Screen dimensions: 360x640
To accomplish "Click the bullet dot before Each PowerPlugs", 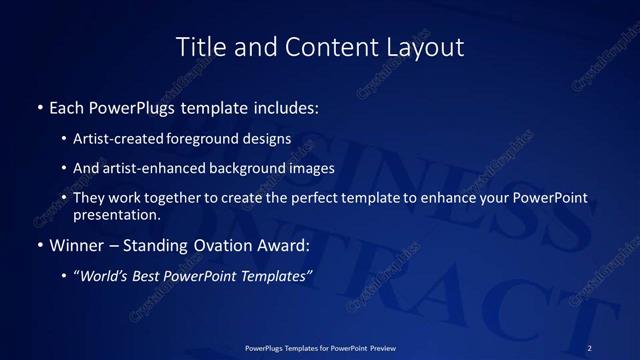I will click(39, 106).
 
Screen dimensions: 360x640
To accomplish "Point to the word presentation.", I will click(116, 215).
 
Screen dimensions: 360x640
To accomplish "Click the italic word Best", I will click(148, 277).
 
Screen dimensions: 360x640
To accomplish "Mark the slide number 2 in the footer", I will click(590, 347).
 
